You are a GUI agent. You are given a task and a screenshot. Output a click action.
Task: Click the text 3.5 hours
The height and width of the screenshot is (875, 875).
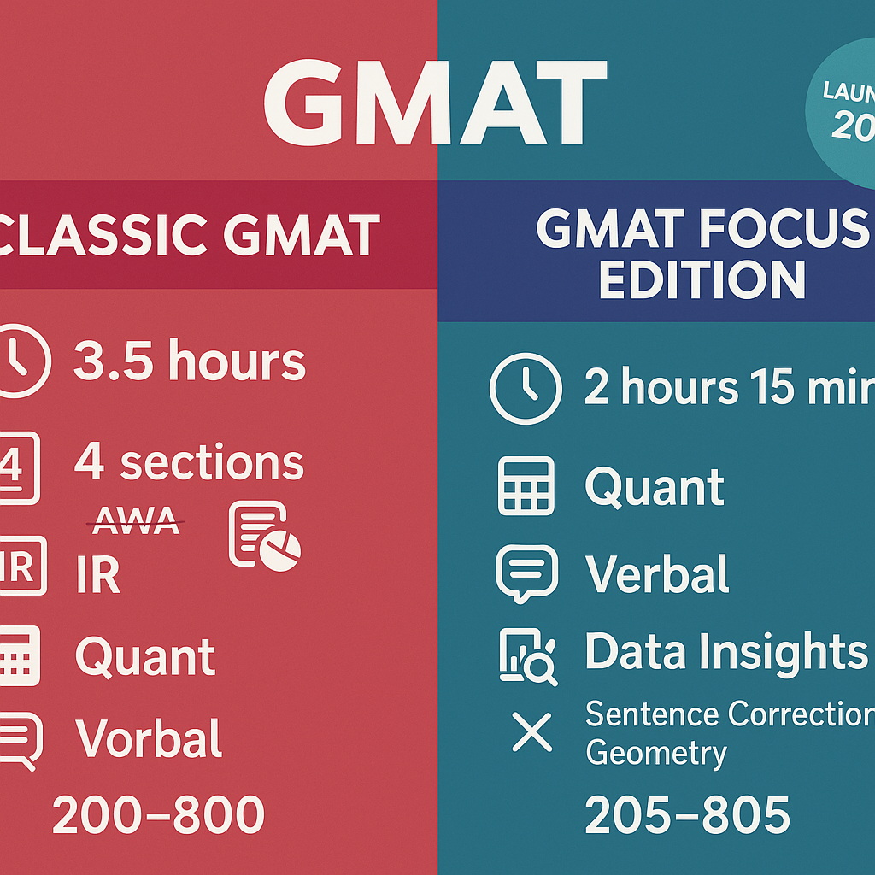[x=189, y=361]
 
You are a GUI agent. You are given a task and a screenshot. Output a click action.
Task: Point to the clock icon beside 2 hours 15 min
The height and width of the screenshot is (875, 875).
[x=526, y=388]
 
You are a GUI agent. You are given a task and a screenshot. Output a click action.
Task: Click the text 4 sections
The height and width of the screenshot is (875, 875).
[x=189, y=462]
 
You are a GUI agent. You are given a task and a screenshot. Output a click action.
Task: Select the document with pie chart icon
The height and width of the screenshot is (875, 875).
[x=263, y=536]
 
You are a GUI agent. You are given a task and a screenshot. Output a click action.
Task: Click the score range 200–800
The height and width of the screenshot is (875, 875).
[x=158, y=814]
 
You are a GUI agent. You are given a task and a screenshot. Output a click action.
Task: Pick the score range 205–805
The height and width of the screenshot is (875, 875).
[x=688, y=814]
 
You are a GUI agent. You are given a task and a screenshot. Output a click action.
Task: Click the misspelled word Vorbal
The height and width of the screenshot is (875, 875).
[x=149, y=738]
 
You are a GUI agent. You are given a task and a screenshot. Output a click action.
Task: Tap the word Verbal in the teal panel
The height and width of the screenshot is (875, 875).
[x=657, y=573]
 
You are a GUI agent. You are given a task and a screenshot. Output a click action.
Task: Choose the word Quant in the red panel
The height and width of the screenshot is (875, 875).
[x=145, y=656]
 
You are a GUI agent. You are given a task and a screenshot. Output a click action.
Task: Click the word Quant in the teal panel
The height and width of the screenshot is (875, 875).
[x=655, y=487]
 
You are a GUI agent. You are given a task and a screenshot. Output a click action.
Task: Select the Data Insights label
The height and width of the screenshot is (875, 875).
[x=726, y=652]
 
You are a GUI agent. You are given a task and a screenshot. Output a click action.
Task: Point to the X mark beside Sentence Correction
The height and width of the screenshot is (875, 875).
[x=531, y=732]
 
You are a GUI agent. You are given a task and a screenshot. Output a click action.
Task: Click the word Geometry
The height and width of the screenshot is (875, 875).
[x=655, y=753]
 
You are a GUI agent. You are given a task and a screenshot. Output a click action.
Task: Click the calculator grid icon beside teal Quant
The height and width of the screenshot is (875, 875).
[x=526, y=486]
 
